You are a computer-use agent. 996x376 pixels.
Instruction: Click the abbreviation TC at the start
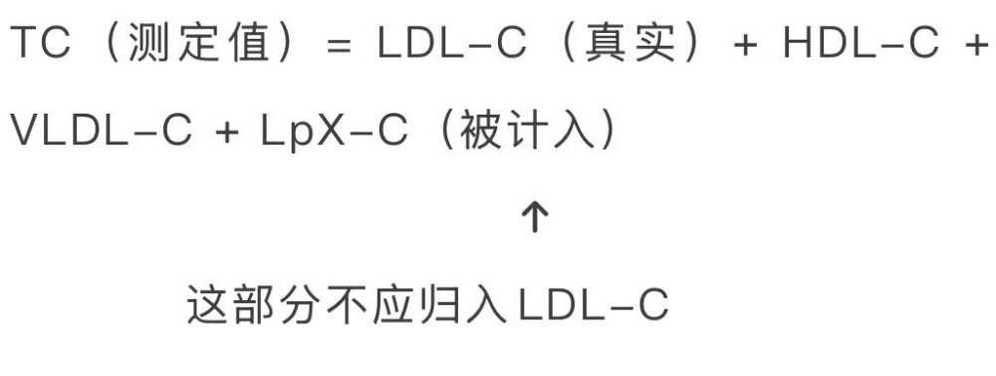coord(41,44)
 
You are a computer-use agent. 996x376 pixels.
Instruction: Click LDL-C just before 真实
coord(451,44)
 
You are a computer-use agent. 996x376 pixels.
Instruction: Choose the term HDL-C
coord(861,44)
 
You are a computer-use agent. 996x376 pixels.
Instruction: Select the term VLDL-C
coord(102,131)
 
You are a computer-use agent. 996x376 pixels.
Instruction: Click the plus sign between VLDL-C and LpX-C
coord(227,133)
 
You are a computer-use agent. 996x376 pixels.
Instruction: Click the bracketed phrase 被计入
coord(527,131)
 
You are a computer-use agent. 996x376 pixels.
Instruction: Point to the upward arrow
coord(534,218)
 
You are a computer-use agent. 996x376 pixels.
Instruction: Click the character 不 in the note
coord(349,305)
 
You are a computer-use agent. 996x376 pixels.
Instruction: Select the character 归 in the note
coord(439,305)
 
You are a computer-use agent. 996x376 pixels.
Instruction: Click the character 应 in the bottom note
coord(394,305)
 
